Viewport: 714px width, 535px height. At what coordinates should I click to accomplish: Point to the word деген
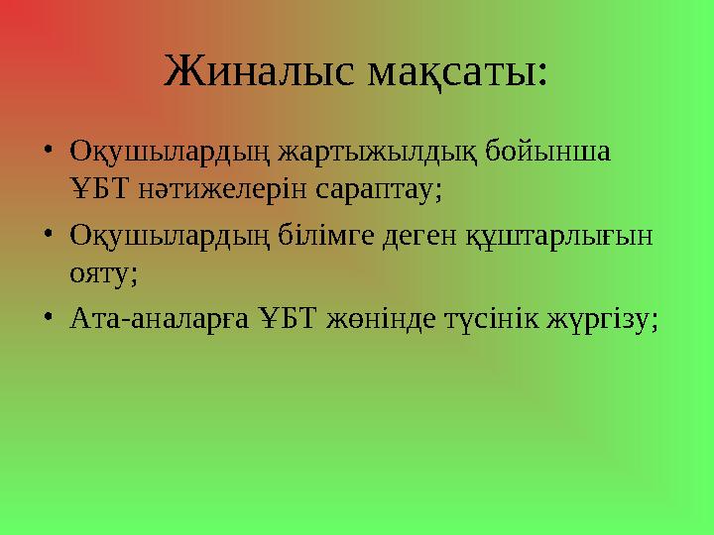422,237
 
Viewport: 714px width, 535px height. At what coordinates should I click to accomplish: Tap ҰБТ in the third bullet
284,319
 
